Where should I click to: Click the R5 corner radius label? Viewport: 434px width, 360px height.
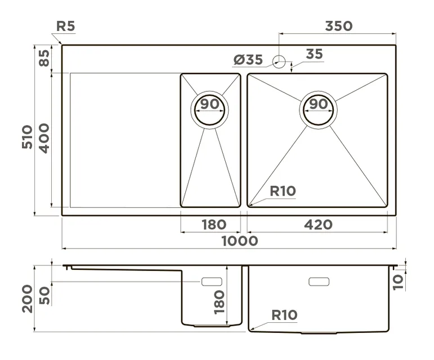[66, 26]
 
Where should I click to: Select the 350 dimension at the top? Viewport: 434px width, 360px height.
[338, 26]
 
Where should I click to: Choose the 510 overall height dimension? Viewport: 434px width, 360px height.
[27, 137]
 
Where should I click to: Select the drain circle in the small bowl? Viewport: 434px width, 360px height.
[210, 109]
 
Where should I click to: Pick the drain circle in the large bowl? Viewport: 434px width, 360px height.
[319, 108]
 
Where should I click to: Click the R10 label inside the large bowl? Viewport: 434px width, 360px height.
[283, 191]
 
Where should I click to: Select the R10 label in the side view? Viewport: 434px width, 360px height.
[284, 315]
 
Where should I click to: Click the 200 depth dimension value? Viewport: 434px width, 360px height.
[27, 298]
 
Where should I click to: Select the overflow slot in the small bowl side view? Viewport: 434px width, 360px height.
[211, 281]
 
